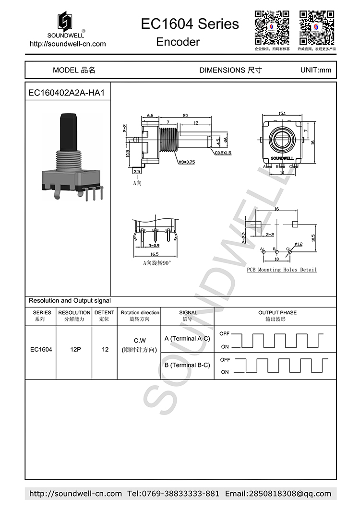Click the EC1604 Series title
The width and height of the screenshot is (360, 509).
190,24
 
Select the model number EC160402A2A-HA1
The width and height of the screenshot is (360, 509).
66,93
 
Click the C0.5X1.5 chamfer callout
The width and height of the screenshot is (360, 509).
223,153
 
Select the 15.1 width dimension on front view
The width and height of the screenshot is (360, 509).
282,114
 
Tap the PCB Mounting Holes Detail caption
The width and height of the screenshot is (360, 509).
282,270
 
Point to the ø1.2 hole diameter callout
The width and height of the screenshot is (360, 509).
298,244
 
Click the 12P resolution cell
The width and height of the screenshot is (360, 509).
74,350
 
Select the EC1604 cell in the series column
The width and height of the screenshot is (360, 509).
41,350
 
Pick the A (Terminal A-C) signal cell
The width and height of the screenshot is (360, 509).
187,339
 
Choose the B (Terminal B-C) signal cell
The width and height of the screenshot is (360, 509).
187,365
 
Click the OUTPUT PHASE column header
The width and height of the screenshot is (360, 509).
277,312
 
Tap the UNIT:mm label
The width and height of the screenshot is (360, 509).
315,70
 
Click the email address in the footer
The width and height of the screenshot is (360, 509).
278,494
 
